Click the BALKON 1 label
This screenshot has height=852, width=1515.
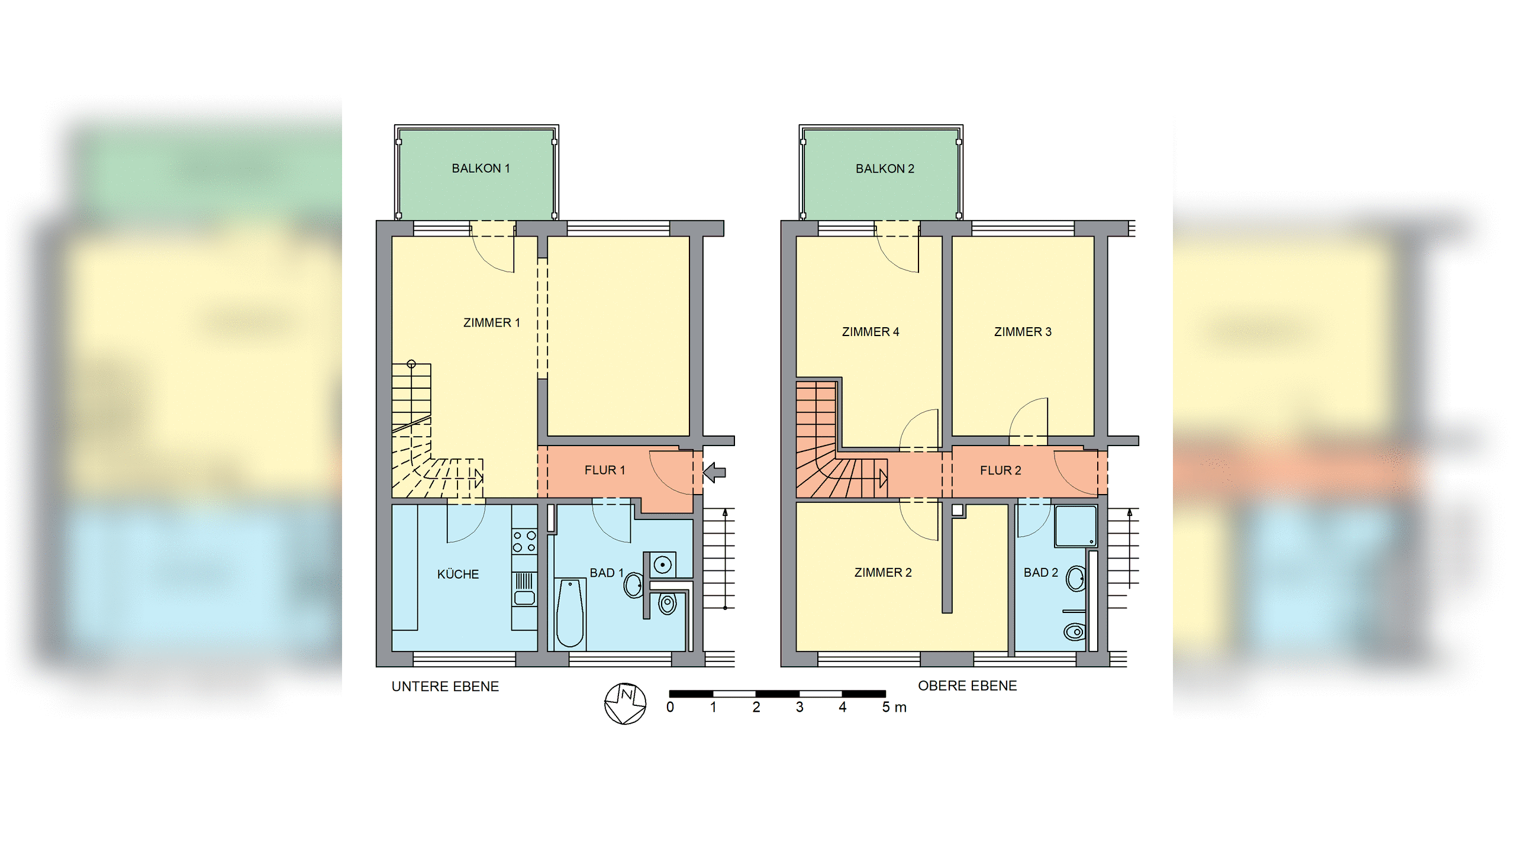tap(481, 169)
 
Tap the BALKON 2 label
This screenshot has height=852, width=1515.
tap(885, 169)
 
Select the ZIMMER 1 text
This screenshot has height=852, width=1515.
tap(491, 323)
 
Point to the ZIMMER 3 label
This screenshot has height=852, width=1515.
tap(1023, 332)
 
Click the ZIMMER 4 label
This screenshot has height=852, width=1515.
tap(871, 332)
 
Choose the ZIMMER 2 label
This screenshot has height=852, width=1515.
tap(883, 573)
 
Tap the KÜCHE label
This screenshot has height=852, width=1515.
tap(458, 574)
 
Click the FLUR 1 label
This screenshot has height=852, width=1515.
tap(604, 470)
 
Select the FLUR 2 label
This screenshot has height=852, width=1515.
tap(1000, 470)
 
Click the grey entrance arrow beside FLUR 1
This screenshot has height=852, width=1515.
tap(714, 472)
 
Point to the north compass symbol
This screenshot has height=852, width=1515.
tap(625, 703)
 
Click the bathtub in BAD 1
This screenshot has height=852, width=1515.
tap(570, 613)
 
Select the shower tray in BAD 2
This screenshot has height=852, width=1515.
tap(1075, 526)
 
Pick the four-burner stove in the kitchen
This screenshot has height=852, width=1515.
tap(524, 541)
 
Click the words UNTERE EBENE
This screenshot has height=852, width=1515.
tap(445, 687)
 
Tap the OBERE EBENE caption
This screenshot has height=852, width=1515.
tap(967, 686)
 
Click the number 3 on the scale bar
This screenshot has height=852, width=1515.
tap(800, 708)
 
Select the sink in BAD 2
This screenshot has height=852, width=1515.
tap(1076, 578)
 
